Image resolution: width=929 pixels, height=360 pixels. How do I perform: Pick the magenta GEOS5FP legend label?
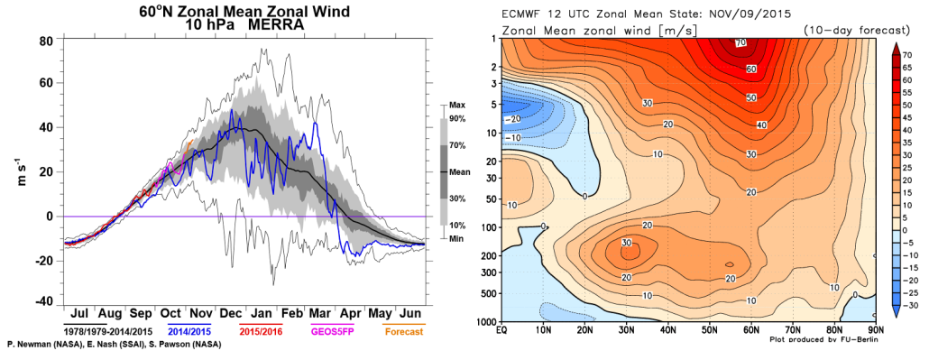pyautogui.click(x=335, y=331)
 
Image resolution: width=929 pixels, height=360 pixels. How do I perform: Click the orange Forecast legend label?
pyautogui.click(x=405, y=331)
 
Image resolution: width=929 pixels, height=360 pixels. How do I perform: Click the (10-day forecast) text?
pyautogui.click(x=839, y=31)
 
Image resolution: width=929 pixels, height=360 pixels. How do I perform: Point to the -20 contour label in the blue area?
pyautogui.click(x=513, y=117)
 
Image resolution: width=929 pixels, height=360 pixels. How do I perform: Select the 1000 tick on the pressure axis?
pyautogui.click(x=488, y=321)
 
